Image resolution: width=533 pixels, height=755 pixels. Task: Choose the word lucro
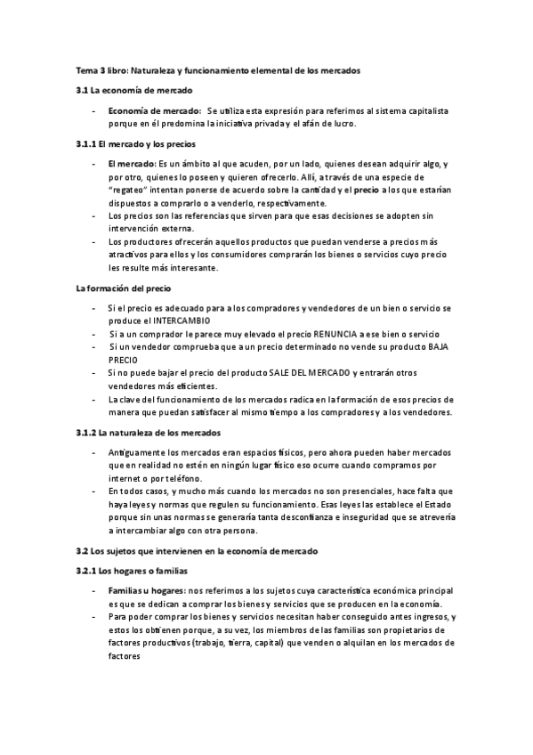click(340, 124)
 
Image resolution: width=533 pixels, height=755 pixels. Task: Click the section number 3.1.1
click(85, 144)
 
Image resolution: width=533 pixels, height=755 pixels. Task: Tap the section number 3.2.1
click(85, 570)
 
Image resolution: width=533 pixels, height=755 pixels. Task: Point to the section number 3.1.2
click(85, 433)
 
